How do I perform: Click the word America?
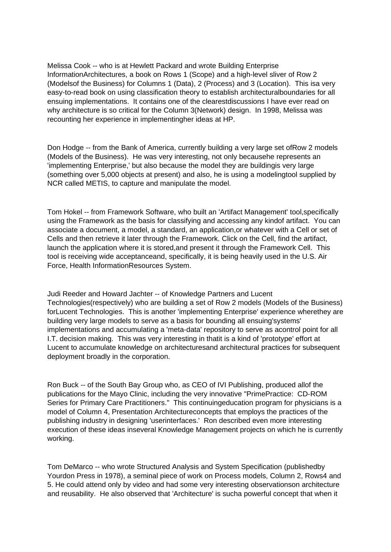[161, 148]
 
